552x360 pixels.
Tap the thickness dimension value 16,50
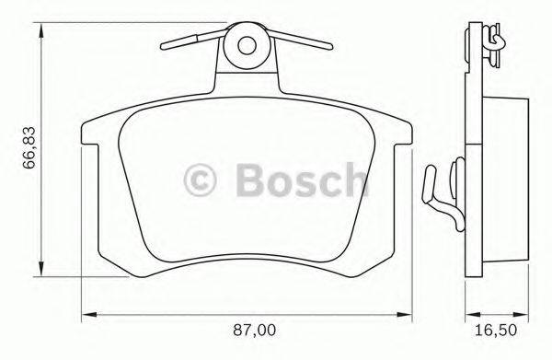tap(495, 327)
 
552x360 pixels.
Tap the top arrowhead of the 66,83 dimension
tap(40, 30)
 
